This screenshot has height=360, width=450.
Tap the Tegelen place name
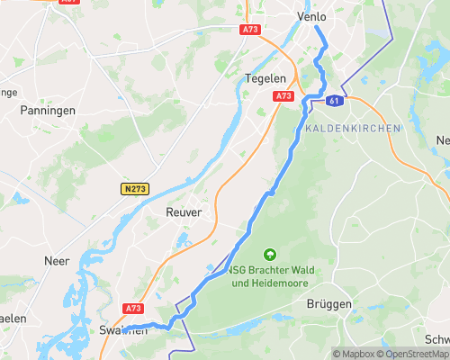click(265, 78)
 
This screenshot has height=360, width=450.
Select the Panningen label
click(46, 110)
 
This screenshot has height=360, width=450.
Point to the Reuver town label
click(184, 211)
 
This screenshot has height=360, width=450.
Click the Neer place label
click(57, 260)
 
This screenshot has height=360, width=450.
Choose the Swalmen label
click(121, 329)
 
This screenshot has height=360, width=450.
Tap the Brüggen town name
click(328, 304)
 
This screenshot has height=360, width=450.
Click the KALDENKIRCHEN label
click(352, 129)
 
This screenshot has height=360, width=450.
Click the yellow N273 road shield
click(134, 188)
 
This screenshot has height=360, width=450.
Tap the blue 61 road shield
click(335, 101)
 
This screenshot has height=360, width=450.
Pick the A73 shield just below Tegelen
click(284, 95)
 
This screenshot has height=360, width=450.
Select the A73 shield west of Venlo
click(251, 30)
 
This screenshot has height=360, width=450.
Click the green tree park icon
click(269, 254)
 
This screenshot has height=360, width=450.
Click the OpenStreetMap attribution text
click(411, 353)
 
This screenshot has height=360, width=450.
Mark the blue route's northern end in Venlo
click(317, 28)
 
